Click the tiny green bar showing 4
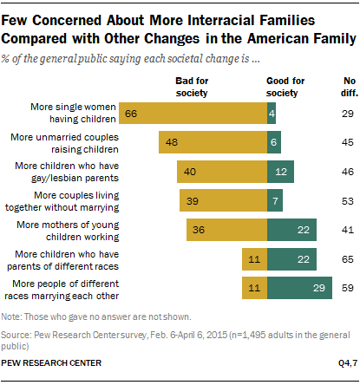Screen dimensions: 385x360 click(272, 113)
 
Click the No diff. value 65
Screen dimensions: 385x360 click(337, 259)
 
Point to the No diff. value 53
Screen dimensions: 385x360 click(337, 200)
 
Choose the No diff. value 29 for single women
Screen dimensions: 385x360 click(337, 113)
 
